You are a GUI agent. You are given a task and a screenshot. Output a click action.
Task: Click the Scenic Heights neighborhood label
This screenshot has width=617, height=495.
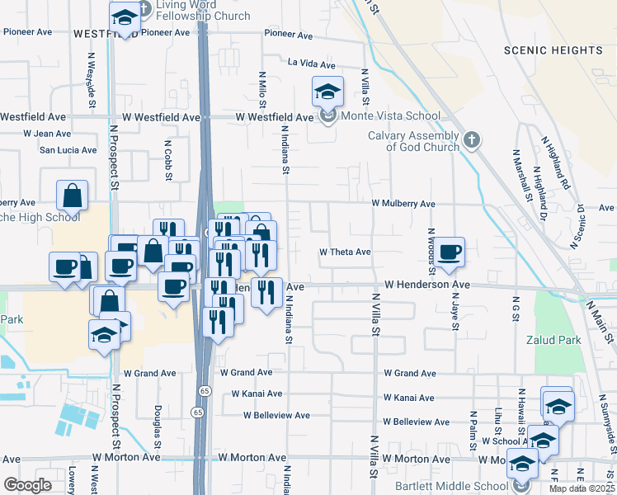[x=554, y=50]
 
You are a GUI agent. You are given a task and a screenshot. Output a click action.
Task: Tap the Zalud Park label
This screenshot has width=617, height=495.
[x=553, y=340]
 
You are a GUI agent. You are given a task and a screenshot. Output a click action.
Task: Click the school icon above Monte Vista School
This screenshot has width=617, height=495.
[x=327, y=91]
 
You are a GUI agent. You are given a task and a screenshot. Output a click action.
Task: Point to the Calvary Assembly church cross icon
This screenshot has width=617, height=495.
[x=471, y=139]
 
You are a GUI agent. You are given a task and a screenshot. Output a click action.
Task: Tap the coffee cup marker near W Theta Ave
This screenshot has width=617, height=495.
[x=450, y=252]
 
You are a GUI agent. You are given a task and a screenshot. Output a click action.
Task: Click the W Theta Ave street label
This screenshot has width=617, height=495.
[x=345, y=252]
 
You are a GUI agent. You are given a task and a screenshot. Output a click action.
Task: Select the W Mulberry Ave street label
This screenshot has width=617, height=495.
[x=403, y=203]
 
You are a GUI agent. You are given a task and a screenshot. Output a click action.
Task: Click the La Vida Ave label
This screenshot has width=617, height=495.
[x=311, y=64]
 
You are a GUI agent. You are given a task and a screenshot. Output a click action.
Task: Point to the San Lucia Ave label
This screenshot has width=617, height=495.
[x=68, y=150]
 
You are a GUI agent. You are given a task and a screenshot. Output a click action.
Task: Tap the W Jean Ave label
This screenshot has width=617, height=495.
[x=47, y=133]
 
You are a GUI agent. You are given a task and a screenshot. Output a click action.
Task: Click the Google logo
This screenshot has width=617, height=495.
[x=27, y=485]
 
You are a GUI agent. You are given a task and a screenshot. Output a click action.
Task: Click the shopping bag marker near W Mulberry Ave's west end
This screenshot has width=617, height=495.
[x=72, y=196]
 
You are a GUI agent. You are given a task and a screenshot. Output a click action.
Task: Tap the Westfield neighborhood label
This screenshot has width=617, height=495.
[x=106, y=34]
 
